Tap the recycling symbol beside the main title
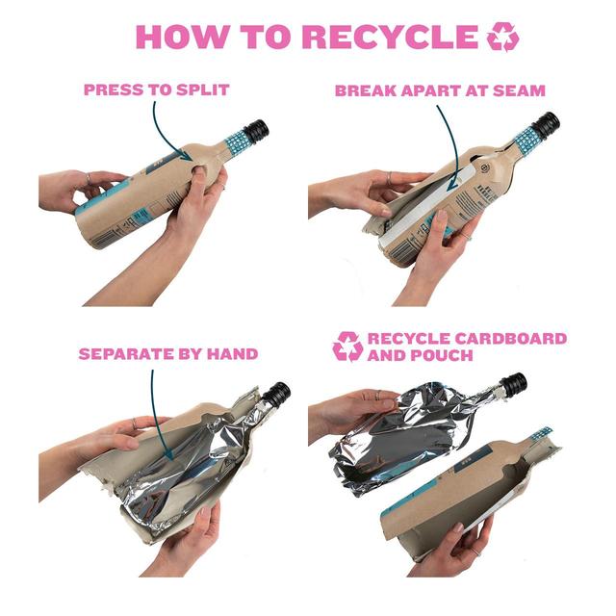tap(502, 37)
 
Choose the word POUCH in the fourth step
tap(446, 355)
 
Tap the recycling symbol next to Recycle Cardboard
tap(347, 346)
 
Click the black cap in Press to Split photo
tap(256, 132)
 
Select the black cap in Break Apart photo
tap(546, 125)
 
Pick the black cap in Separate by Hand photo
tap(277, 394)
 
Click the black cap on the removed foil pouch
tap(513, 384)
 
